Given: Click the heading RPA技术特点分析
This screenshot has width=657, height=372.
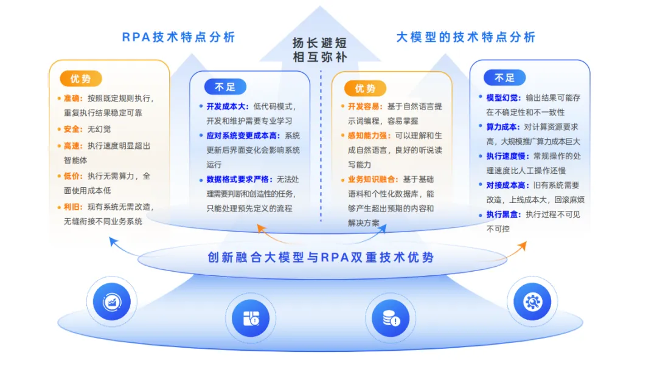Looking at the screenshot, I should point(178,37).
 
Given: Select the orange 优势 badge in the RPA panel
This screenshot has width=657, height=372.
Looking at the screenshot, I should point(80,79).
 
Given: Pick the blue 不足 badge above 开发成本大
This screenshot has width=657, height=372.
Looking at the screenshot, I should point(225,87).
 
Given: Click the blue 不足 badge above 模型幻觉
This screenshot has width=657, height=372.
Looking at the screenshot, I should point(504,78).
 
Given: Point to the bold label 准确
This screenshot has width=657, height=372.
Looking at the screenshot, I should point(72,98).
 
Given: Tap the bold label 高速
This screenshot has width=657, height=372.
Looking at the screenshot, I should point(72,146).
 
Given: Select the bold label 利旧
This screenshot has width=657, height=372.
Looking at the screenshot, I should point(72,207).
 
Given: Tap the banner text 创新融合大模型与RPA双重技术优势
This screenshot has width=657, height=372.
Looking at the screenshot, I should point(321,257).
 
